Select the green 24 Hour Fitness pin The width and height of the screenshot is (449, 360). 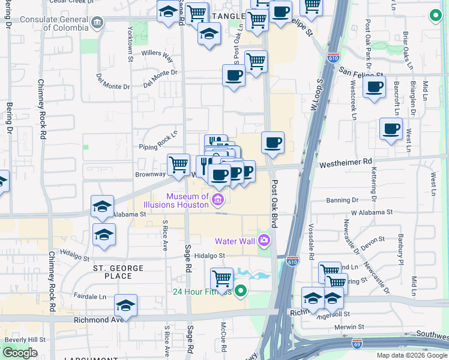(241, 292)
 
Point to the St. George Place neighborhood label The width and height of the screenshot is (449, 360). (118, 272)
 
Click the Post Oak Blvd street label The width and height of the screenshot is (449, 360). (275, 203)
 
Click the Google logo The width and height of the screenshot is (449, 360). (19, 353)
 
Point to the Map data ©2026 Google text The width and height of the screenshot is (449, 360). (411, 355)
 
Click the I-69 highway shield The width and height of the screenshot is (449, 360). (356, 343)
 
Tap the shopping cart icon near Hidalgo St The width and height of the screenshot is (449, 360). (221, 279)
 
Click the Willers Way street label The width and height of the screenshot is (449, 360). (157, 56)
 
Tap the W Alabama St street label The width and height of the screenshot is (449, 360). (372, 212)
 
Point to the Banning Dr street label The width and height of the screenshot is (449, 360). (342, 200)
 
